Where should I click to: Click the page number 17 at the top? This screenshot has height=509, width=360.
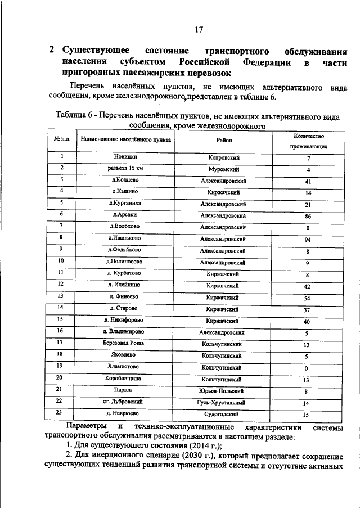coord(198,29)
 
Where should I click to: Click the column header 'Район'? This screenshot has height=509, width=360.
coord(223,141)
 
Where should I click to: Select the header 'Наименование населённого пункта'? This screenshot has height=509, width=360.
coord(119,139)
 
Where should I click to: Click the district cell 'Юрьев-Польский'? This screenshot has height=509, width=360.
coord(223,390)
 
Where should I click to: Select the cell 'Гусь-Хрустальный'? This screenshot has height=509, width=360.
coord(223,402)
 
